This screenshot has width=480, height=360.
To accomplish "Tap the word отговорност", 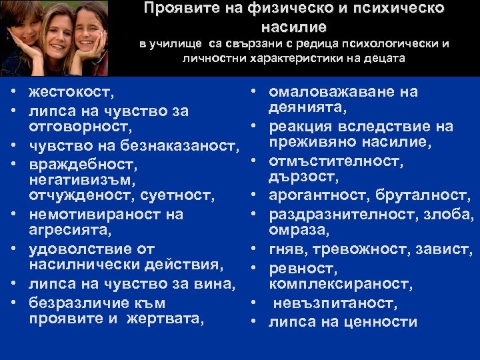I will [x=79, y=127].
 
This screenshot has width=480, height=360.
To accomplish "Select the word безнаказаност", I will [x=189, y=144].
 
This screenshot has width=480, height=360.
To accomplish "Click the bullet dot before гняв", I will [x=255, y=250].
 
